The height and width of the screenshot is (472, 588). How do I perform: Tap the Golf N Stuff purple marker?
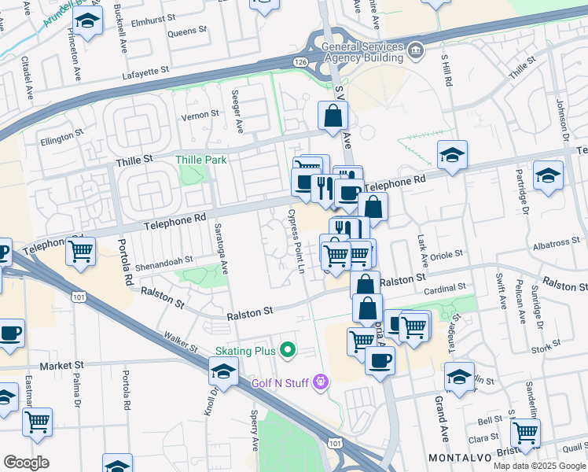[320, 382]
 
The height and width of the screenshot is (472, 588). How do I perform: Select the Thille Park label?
[201, 160]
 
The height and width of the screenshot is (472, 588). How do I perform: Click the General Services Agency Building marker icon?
[417, 53]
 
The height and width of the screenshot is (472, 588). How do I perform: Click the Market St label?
[62, 366]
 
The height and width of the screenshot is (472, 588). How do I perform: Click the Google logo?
[26, 462]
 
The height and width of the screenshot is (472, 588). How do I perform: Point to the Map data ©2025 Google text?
[540, 466]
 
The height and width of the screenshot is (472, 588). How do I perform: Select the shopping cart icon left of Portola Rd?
[81, 252]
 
